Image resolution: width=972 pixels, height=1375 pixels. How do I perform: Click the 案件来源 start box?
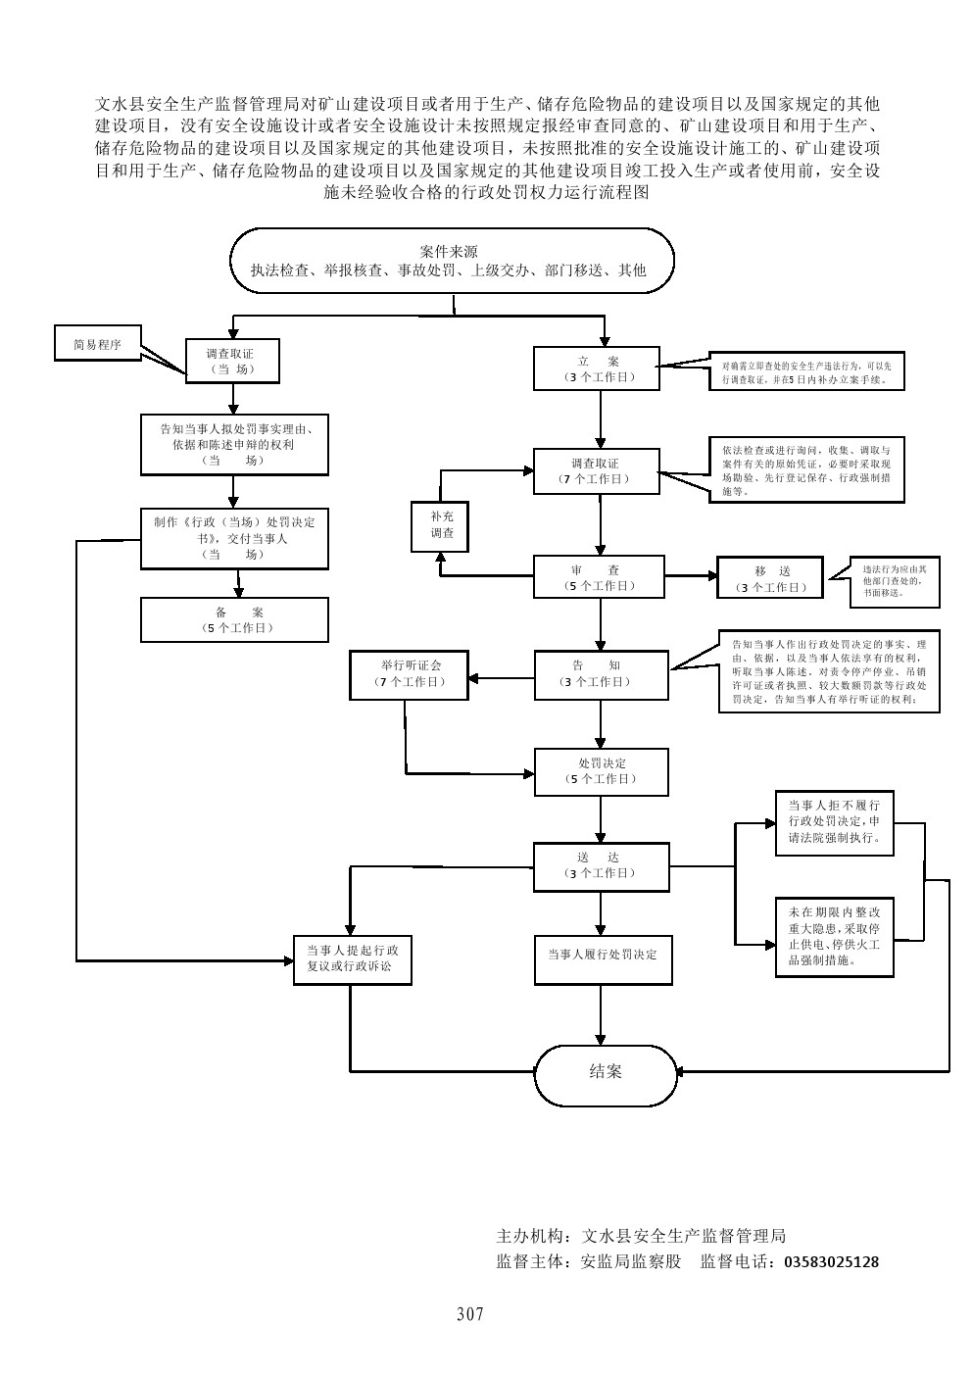tap(453, 261)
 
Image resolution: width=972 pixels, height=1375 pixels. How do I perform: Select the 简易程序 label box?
tap(97, 344)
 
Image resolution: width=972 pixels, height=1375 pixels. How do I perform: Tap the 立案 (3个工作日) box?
tap(598, 368)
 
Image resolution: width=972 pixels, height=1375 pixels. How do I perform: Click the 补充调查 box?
tap(439, 525)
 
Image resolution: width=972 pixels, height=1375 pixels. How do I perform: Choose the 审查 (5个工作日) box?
tap(599, 577)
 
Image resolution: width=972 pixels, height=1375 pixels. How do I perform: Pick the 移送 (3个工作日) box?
tap(770, 578)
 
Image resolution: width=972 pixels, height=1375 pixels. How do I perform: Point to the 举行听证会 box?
tap(411, 673)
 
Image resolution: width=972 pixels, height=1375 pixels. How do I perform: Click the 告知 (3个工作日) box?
tap(600, 673)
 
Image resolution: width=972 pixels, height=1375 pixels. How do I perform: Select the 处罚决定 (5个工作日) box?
tap(601, 770)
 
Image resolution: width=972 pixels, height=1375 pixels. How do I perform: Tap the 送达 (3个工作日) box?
tap(601, 865)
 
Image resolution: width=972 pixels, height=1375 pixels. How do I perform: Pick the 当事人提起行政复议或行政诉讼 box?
tap(352, 958)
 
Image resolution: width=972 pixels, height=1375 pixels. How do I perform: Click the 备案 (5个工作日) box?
tap(234, 619)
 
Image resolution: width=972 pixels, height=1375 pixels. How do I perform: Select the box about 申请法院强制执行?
tap(834, 821)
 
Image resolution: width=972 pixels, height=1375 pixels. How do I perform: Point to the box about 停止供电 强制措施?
tap(834, 936)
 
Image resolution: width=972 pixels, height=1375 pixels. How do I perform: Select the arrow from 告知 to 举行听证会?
tap(501, 676)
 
